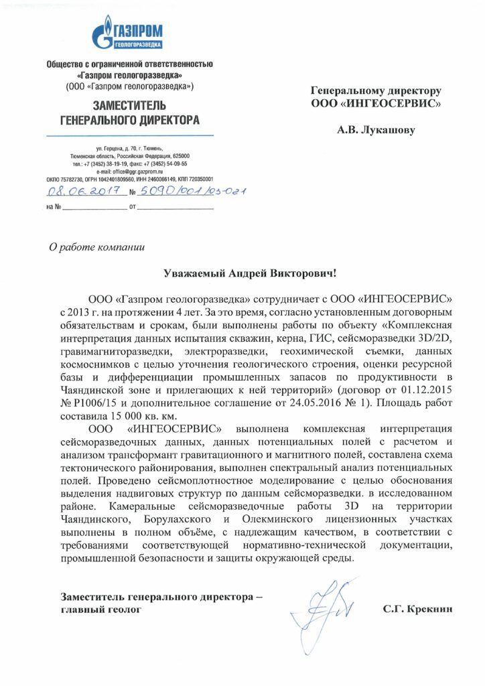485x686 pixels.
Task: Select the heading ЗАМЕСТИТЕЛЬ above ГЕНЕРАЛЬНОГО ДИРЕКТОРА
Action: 129,106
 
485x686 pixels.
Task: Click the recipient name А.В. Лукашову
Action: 376,130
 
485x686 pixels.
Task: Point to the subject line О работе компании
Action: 97,246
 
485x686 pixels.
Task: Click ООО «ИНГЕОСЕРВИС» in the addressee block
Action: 375,103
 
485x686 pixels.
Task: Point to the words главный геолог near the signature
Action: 100,610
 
